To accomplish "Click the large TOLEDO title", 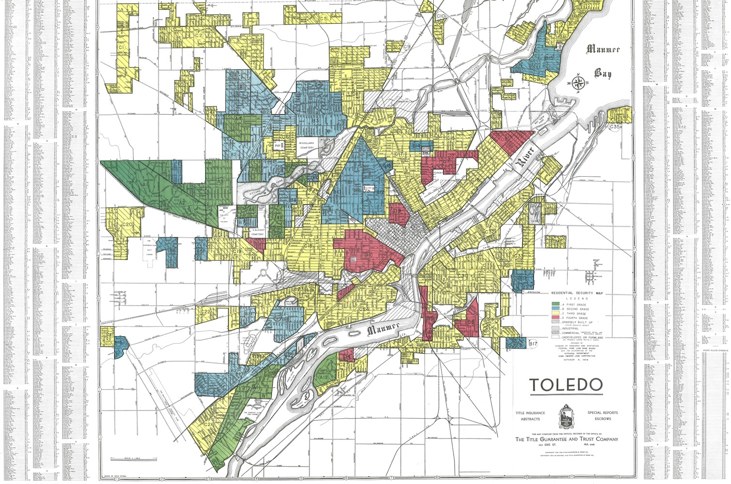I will coord(566,385).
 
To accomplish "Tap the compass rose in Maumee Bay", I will coord(577,83).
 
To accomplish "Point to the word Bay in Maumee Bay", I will coord(603,74).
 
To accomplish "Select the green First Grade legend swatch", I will coord(556,304).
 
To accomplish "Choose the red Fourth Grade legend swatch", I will coord(556,318).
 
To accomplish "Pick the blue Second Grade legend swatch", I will coord(556,309).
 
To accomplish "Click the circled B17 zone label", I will coord(533,344).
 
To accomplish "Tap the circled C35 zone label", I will coord(615,127).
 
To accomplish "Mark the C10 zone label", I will coord(440,16).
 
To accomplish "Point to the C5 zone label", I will coord(323,18).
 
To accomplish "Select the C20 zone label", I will coord(127,225).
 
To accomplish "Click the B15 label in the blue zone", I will coord(548,58).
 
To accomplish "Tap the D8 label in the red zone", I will coord(504,139).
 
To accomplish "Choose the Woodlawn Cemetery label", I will coord(307,146).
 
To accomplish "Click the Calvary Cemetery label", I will coord(257,232).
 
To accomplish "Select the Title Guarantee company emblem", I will coord(566,416).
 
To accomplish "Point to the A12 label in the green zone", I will coord(323,377).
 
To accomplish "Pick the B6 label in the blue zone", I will coord(172,251).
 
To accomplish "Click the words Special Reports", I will coord(603,413).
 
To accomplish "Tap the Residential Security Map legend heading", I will coord(575,293).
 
